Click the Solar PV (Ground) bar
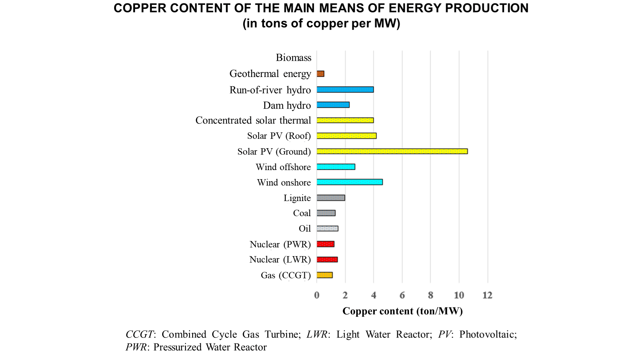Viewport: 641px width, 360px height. tap(392, 151)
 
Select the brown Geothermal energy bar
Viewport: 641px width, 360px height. tap(320, 74)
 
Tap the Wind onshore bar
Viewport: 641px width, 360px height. tap(350, 182)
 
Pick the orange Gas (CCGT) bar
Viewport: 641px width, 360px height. tap(324, 275)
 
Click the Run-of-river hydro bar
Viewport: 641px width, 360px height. tap(345, 89)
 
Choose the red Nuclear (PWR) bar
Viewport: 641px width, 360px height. tap(325, 244)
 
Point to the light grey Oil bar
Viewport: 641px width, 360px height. tap(327, 229)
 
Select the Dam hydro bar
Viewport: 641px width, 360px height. tap(333, 105)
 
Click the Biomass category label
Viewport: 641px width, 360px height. tap(293, 57)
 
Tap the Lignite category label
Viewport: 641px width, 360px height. tap(297, 198)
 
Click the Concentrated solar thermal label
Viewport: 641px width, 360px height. tap(253, 120)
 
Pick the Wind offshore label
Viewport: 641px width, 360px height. tap(283, 167)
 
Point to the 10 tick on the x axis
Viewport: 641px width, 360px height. tap(459, 295)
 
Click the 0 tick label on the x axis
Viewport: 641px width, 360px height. tap(317, 295)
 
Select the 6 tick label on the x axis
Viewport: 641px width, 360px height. tap(402, 295)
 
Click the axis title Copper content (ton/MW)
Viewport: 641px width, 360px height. tap(402, 311)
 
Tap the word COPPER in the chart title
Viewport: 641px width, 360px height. tap(140, 8)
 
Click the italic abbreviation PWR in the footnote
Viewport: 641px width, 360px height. tap(136, 347)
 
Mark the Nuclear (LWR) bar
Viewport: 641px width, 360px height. tap(327, 259)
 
